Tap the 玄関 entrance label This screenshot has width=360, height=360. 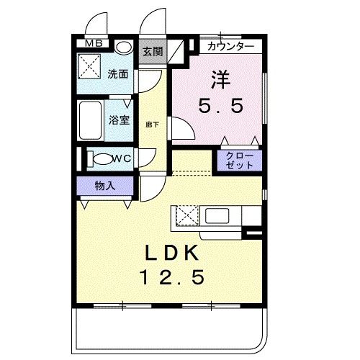click(x=151, y=51)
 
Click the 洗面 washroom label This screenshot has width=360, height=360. click(x=117, y=73)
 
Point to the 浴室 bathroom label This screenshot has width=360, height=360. click(x=119, y=120)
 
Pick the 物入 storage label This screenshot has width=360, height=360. click(x=105, y=185)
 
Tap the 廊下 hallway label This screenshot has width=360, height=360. click(x=152, y=123)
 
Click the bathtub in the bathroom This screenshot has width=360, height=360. click(x=92, y=120)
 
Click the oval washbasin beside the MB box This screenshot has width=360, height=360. click(x=123, y=46)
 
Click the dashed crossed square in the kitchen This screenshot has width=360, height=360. click(x=184, y=215)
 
